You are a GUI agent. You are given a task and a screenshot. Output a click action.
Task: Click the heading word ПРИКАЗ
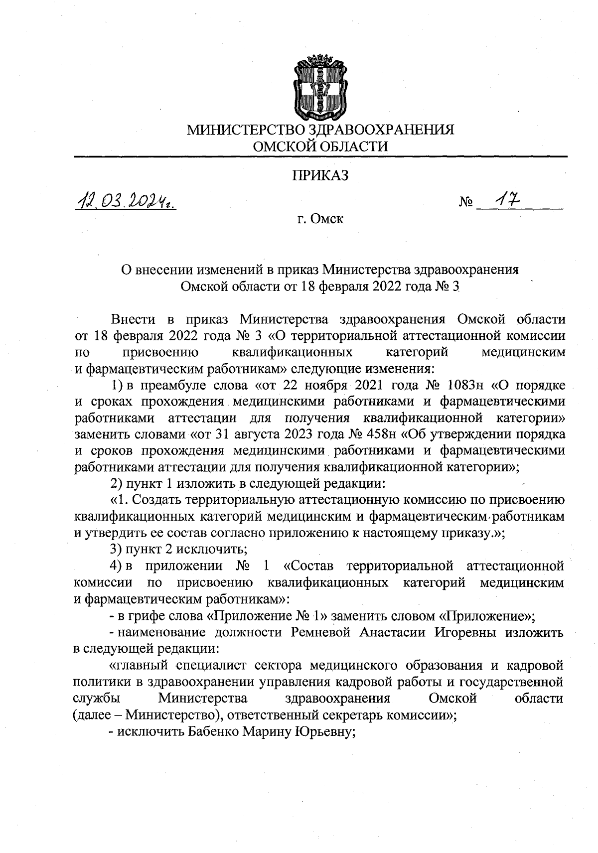pyautogui.click(x=320, y=175)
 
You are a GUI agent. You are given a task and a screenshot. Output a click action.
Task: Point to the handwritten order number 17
pyautogui.click(x=505, y=200)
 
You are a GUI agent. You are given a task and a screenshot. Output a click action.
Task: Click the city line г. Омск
pyautogui.click(x=320, y=219)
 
